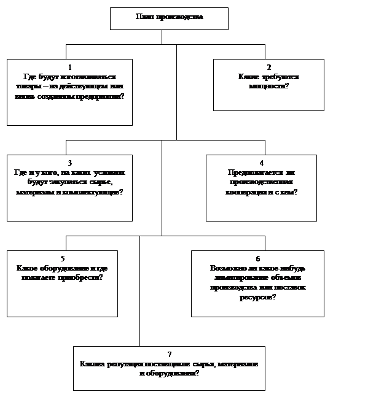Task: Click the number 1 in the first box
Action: tap(69, 67)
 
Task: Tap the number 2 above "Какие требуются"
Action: tap(268, 67)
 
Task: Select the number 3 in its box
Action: tap(69, 163)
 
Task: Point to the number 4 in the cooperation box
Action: tap(261, 163)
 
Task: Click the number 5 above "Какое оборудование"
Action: tap(62, 258)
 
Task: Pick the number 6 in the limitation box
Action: tap(257, 258)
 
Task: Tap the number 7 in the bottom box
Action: tap(169, 355)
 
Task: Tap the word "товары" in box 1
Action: tap(28, 87)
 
